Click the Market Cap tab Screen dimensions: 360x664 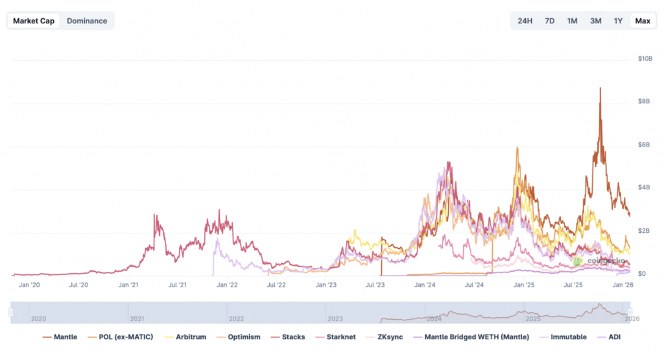pyautogui.click(x=34, y=21)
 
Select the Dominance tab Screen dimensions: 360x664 pyautogui.click(x=87, y=21)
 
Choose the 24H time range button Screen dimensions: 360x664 pyautogui.click(x=525, y=21)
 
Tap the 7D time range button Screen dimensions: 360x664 pyautogui.click(x=550, y=21)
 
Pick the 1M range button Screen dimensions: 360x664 pyautogui.click(x=573, y=21)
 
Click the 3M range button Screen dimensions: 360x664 pyautogui.click(x=596, y=21)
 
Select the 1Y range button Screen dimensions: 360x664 pyautogui.click(x=619, y=21)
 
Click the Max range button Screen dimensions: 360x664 pyautogui.click(x=643, y=21)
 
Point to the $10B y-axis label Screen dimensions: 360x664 pyautogui.click(x=645, y=59)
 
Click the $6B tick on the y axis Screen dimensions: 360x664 pyautogui.click(x=644, y=145)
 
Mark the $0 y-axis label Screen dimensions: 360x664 pyautogui.click(x=641, y=274)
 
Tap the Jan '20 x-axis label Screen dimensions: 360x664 pyautogui.click(x=30, y=285)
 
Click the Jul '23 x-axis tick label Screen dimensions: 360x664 pyautogui.click(x=375, y=285)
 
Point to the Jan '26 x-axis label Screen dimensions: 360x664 pyautogui.click(x=623, y=285)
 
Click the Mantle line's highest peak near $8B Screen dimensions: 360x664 pyautogui.click(x=600, y=88)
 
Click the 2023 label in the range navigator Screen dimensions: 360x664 pyautogui.click(x=336, y=318)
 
